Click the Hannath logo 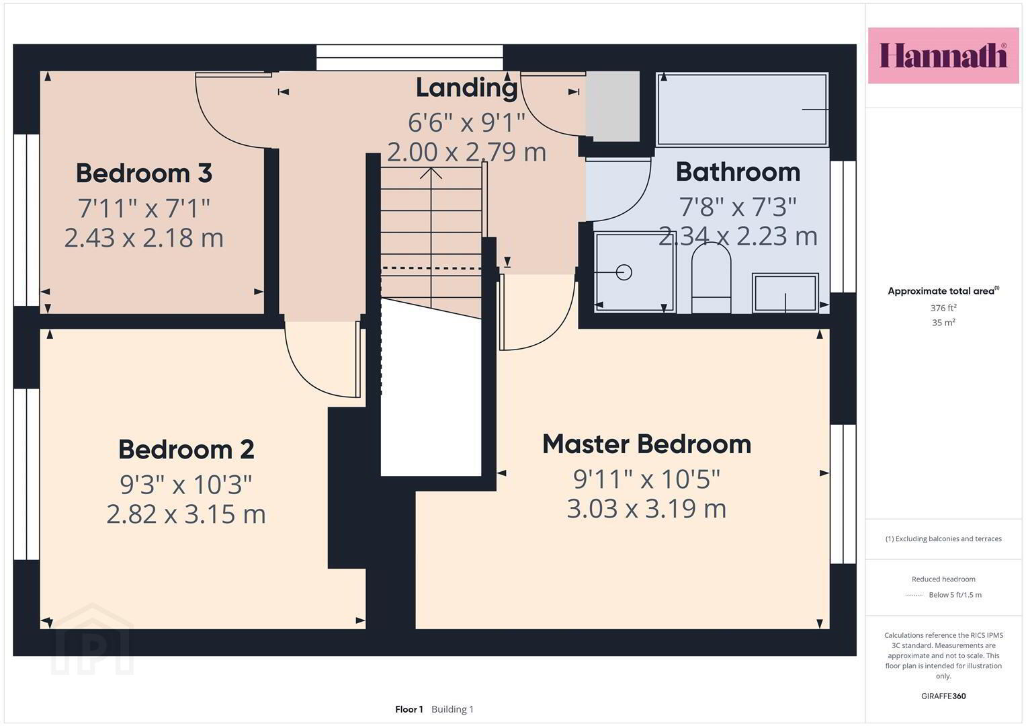point(943,55)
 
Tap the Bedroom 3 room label point(144,173)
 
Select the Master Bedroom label point(647,444)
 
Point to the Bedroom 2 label point(186,449)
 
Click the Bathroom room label point(738,172)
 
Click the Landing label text point(467,88)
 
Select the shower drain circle point(624,273)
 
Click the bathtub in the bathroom point(742,110)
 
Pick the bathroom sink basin point(785,293)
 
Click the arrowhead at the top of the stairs point(431,173)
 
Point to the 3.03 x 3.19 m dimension point(646,509)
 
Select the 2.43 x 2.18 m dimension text point(144,238)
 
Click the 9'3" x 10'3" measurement point(186,485)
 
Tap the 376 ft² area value point(943,308)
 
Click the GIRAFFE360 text point(943,696)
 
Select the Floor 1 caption point(409,709)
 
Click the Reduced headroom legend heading point(943,579)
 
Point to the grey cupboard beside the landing point(613,106)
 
